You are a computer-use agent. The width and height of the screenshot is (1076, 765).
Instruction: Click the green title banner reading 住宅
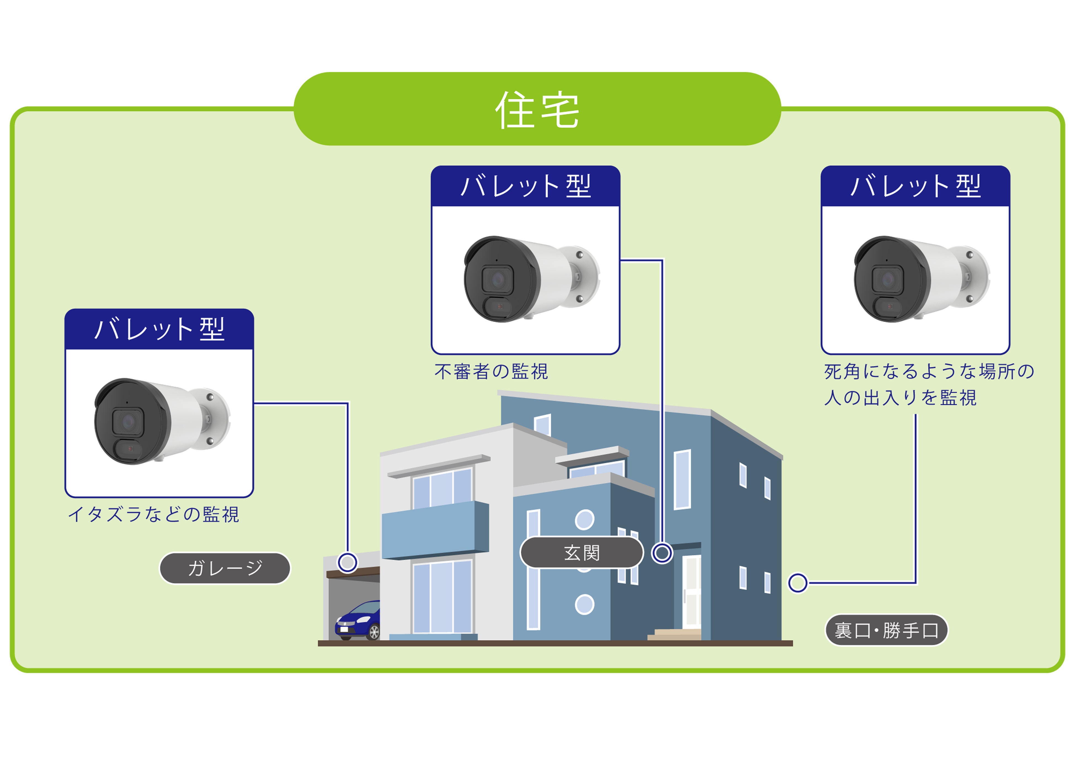tap(537, 109)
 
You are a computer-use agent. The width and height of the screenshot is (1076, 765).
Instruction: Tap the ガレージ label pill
tap(225, 568)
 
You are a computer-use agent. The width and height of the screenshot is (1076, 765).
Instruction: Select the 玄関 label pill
tap(582, 552)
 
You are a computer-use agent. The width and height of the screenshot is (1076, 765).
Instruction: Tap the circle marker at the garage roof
tap(347, 562)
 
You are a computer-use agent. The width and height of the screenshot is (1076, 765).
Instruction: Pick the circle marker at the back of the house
tap(797, 583)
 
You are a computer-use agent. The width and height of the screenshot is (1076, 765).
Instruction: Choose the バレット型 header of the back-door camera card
tap(915, 186)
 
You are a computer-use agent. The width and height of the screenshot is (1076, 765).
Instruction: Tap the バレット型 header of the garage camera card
tap(159, 329)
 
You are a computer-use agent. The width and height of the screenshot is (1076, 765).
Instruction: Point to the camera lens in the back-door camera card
tap(888, 279)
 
